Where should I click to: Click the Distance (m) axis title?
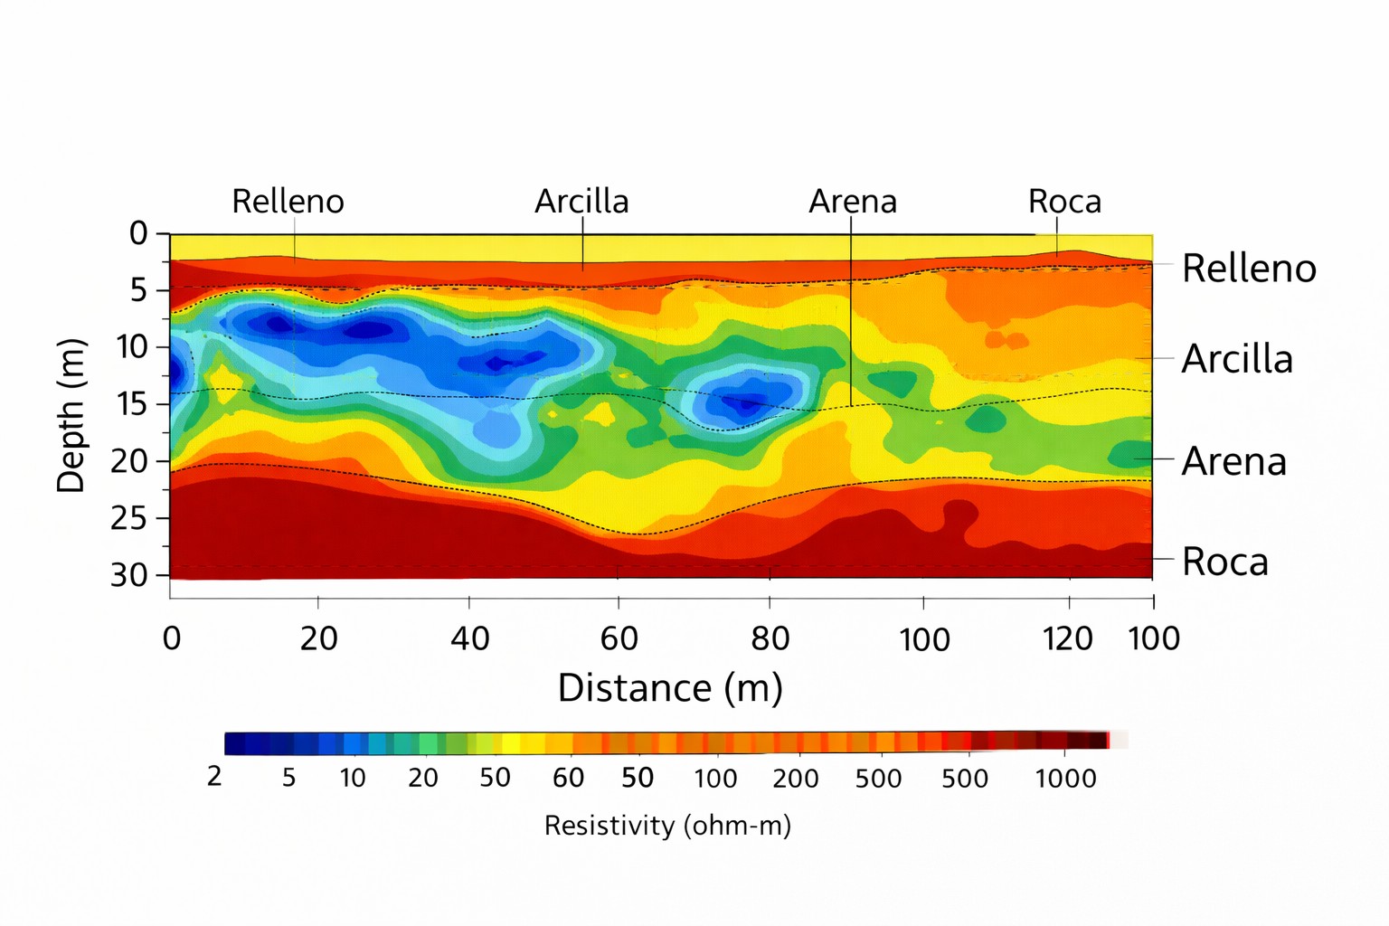(x=670, y=688)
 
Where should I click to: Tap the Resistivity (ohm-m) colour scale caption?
(x=667, y=826)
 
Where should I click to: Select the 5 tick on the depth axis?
(x=138, y=290)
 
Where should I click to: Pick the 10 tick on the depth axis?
(x=132, y=346)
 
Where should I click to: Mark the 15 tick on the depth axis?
(x=132, y=403)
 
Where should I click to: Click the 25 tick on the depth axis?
(x=132, y=518)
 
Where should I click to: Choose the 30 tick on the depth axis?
(x=132, y=575)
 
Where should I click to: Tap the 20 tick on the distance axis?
(x=318, y=638)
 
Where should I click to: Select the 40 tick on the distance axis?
(x=469, y=638)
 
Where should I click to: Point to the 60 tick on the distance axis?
(x=619, y=638)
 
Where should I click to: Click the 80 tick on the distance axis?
(x=770, y=638)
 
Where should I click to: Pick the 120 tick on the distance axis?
(x=1069, y=638)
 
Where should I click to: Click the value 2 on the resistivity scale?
(x=214, y=777)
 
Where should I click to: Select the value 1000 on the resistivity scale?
(x=1065, y=779)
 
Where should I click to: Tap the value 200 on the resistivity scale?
(x=796, y=779)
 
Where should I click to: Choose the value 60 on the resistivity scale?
(x=568, y=778)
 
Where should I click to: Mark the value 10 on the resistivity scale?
(x=353, y=778)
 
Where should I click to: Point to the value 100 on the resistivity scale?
(x=715, y=779)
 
